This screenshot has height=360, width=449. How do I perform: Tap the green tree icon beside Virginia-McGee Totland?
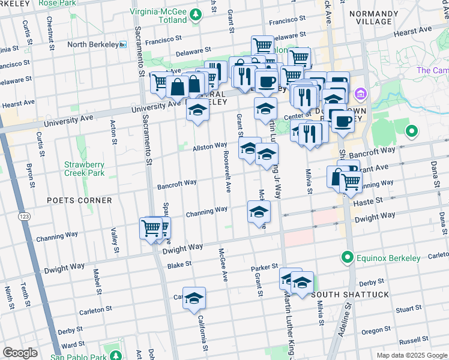coord(196,15)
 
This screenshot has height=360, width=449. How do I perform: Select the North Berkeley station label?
coord(92,44)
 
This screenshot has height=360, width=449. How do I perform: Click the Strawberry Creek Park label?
coord(85,169)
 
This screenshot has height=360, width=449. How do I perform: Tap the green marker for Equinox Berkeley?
coord(346,258)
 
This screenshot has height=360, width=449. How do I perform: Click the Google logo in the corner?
coord(20,353)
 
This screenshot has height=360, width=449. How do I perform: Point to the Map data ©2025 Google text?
coord(411,355)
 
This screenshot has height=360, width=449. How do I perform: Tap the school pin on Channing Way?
coord(259,212)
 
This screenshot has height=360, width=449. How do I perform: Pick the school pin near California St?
coord(194,298)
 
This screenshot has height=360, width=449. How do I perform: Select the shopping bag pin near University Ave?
coord(178,88)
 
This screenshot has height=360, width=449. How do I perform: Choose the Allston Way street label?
coord(209,146)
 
